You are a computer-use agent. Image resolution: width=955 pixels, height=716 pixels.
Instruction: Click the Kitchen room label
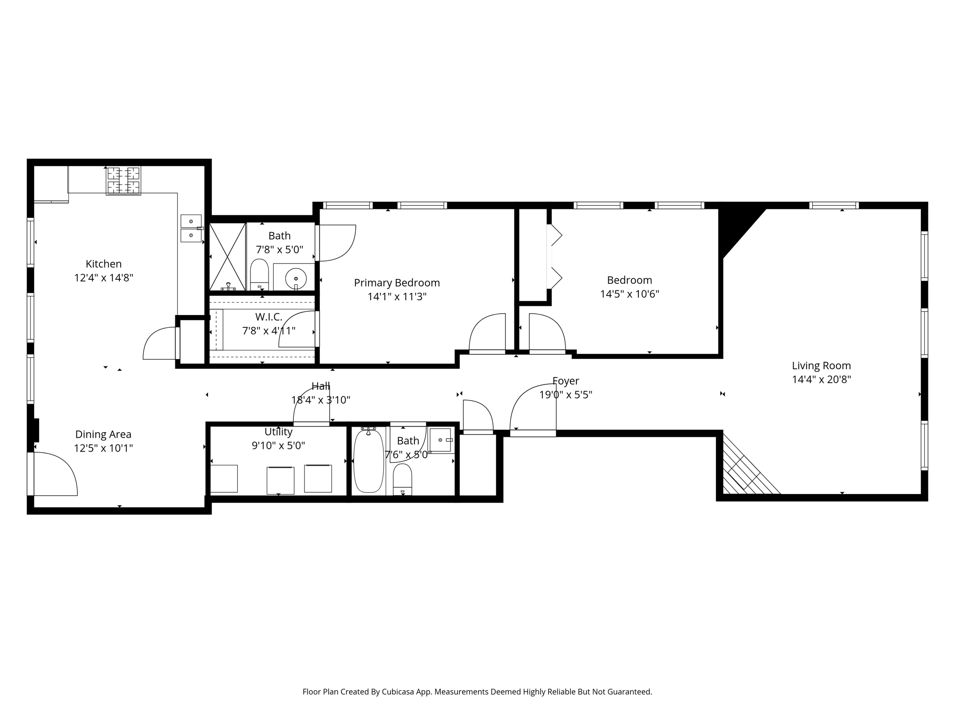tap(104, 264)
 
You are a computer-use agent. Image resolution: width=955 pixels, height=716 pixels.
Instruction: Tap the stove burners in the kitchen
tap(124, 181)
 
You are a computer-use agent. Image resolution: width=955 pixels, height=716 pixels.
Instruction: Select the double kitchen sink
tap(191, 228)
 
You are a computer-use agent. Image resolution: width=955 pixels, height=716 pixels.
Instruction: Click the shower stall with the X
tap(228, 257)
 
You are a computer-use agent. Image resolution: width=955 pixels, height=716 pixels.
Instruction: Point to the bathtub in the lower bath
tap(368, 461)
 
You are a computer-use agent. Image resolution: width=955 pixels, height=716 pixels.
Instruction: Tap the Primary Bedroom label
tap(397, 283)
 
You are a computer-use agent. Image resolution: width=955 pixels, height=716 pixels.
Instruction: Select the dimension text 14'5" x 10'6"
tap(630, 294)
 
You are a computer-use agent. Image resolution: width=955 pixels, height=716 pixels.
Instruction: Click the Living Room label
tap(821, 366)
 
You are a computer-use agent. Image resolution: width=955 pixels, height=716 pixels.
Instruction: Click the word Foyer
tap(566, 381)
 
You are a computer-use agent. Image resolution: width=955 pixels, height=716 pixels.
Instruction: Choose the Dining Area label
tap(104, 434)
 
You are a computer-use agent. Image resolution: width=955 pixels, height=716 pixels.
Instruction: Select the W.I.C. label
tap(269, 317)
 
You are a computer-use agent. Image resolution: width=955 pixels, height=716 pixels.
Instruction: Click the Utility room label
tap(278, 432)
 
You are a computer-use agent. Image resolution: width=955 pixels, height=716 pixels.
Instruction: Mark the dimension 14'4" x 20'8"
tap(821, 379)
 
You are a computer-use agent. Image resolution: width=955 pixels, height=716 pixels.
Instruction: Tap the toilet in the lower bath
tap(402, 479)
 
